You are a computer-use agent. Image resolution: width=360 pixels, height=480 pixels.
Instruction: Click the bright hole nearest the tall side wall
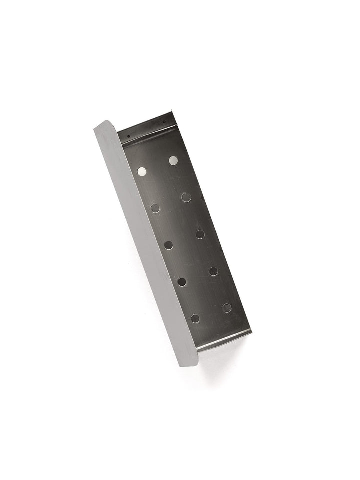[142, 171]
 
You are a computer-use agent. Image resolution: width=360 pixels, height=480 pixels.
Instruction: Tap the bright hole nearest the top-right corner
[173, 160]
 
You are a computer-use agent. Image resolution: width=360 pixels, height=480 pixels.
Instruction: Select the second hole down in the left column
[155, 207]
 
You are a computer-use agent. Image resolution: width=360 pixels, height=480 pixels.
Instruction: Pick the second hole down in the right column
[186, 197]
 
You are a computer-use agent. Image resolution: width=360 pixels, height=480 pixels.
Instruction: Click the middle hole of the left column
[169, 245]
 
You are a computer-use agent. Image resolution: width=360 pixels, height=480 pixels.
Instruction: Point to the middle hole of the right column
[200, 234]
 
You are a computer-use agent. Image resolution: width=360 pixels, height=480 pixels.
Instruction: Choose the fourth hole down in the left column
[182, 282]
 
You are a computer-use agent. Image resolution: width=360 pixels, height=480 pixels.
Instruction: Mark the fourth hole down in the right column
[213, 271]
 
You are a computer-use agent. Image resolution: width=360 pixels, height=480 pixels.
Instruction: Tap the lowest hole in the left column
[195, 318]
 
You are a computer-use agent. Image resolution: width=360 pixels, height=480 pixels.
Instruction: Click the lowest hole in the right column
[227, 308]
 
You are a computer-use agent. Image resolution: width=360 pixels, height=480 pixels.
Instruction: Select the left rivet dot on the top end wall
[129, 135]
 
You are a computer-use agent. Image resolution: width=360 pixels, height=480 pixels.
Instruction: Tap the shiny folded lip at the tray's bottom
[225, 340]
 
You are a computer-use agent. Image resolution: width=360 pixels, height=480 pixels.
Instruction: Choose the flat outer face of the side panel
[145, 240]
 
